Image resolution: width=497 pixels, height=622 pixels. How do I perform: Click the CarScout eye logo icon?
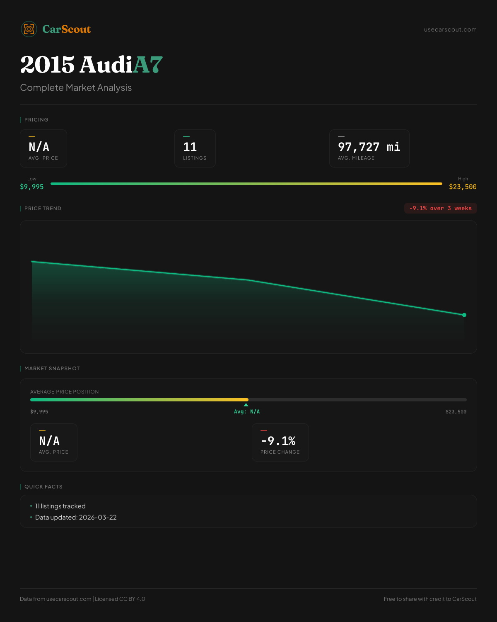click(x=29, y=29)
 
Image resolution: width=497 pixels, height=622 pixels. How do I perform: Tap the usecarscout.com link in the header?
click(x=450, y=29)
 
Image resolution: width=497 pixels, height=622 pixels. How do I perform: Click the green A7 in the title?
click(x=148, y=65)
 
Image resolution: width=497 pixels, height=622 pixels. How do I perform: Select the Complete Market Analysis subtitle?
click(x=76, y=88)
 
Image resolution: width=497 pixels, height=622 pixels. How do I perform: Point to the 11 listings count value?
click(x=190, y=147)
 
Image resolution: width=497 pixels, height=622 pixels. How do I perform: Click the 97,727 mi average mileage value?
click(x=369, y=147)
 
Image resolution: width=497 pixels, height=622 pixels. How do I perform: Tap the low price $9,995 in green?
click(x=32, y=187)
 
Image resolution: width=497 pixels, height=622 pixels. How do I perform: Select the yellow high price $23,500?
click(x=463, y=187)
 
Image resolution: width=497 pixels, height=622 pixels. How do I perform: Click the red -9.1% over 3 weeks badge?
click(x=440, y=208)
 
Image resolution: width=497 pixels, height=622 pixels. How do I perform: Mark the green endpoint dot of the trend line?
click(x=464, y=315)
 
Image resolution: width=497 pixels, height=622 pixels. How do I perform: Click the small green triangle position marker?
click(x=246, y=405)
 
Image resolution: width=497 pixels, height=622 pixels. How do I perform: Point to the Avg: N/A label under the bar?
click(x=247, y=412)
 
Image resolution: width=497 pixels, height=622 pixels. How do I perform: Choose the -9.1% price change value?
click(x=278, y=441)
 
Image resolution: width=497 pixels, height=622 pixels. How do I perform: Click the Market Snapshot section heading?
click(x=52, y=369)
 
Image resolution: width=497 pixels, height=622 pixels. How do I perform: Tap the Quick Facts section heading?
click(x=43, y=487)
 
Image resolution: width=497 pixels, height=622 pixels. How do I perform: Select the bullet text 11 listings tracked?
click(x=60, y=506)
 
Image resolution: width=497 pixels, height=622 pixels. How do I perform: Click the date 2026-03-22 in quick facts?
click(x=98, y=518)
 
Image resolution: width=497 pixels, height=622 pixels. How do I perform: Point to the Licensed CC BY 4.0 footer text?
click(x=120, y=599)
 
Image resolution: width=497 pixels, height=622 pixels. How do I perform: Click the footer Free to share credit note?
click(x=430, y=599)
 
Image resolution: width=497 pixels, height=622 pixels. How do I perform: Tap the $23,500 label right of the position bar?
click(x=456, y=412)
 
